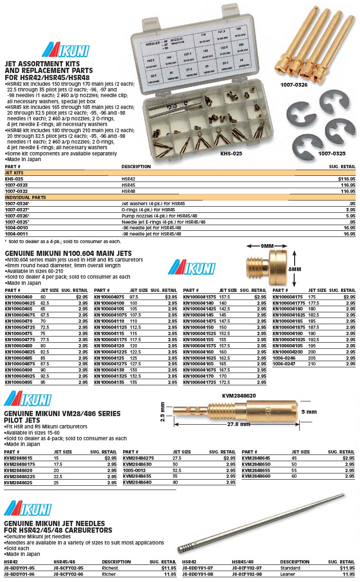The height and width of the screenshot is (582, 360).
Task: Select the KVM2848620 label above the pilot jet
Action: click(x=239, y=395)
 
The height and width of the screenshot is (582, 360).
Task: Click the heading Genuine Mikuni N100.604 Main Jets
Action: click(x=68, y=254)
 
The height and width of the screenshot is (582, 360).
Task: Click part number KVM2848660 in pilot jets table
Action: click(x=255, y=476)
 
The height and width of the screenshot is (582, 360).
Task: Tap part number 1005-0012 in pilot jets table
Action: click(x=135, y=470)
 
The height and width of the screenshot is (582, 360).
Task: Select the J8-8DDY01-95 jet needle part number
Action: click(x=19, y=568)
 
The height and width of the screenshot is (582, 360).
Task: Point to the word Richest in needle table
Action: click(x=110, y=568)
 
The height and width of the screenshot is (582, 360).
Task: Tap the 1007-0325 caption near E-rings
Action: click(x=332, y=154)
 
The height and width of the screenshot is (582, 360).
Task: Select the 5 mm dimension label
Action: click(x=309, y=412)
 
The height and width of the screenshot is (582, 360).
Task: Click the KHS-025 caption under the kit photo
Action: click(x=232, y=154)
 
